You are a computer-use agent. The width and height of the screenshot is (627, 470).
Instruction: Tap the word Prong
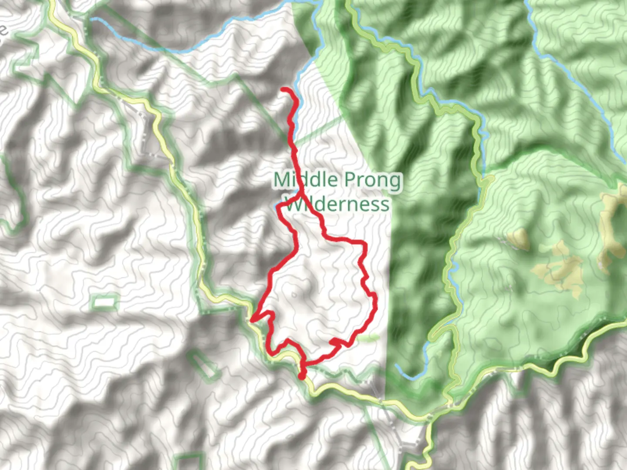click(372, 180)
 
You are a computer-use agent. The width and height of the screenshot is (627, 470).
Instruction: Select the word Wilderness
click(336, 204)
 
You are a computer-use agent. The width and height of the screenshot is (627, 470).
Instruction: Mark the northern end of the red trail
click(283, 90)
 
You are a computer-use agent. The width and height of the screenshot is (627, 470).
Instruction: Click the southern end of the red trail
click(302, 376)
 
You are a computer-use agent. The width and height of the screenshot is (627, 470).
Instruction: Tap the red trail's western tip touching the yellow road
click(252, 320)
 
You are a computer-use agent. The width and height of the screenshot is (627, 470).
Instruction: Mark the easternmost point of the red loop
click(374, 300)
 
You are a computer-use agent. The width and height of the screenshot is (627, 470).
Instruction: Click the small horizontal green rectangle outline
click(104, 301)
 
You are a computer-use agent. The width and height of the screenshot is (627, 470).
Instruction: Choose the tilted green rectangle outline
click(204, 365)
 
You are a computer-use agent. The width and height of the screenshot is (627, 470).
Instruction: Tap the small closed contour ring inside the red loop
click(295, 295)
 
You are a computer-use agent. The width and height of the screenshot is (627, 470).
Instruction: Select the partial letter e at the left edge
click(3, 30)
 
